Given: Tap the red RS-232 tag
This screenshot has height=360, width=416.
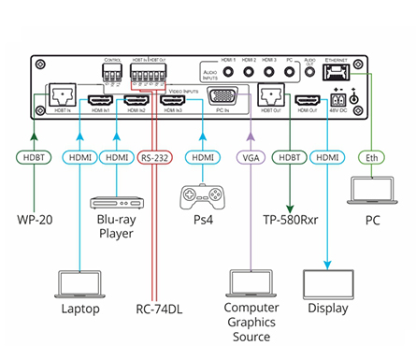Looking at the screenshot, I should (x=155, y=158).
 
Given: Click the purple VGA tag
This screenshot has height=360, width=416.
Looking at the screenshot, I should (x=251, y=158).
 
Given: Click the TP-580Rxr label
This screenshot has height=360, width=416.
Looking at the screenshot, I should (x=289, y=223).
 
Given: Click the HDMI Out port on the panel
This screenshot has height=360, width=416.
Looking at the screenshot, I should (x=306, y=101).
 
